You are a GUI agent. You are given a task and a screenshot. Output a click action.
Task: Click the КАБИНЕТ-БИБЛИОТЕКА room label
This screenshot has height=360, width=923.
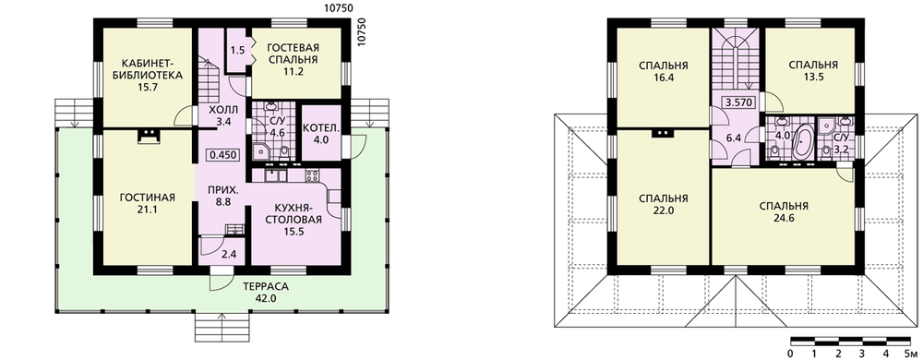pos(144,75)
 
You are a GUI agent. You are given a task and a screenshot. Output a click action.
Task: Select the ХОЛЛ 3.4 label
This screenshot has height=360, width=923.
pos(223,116)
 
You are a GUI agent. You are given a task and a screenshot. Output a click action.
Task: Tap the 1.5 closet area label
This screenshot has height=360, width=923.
pos(237,51)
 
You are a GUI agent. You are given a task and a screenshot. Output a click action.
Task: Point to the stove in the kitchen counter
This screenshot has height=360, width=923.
pos(312,174)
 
